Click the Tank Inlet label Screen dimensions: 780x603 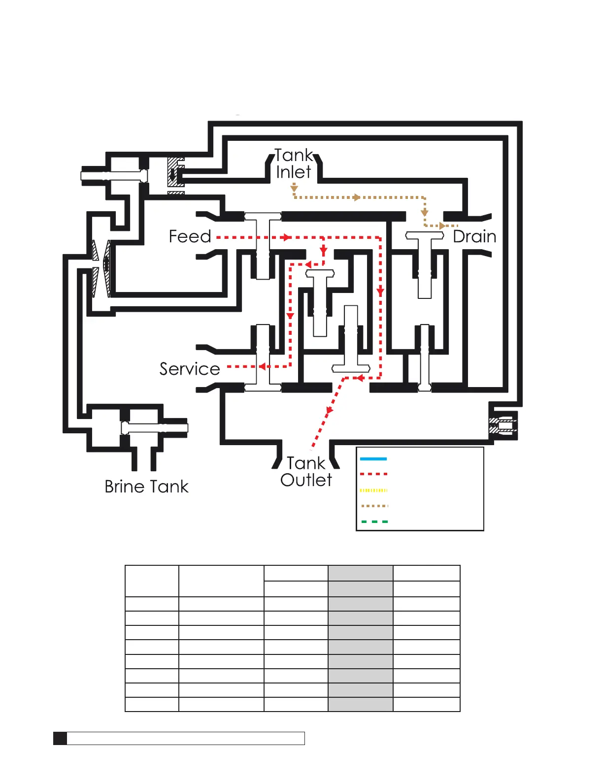point(294,163)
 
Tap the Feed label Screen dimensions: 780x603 point(190,236)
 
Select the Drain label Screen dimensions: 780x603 point(474,236)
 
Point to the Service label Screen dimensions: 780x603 point(190,369)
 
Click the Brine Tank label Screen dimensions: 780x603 point(146,487)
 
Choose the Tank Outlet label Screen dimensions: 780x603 point(306,471)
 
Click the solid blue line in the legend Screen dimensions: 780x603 point(373,459)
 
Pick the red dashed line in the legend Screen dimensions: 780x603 point(374,474)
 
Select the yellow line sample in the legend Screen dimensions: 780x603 point(374,490)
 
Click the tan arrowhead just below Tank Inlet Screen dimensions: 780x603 point(294,188)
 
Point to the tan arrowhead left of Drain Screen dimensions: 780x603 point(442,226)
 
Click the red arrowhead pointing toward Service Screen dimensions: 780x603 point(263,366)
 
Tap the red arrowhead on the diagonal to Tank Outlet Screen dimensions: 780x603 point(330,409)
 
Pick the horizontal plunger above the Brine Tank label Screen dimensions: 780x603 point(154,427)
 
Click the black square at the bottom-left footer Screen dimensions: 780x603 point(60,738)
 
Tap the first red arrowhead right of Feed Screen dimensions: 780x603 point(286,237)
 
